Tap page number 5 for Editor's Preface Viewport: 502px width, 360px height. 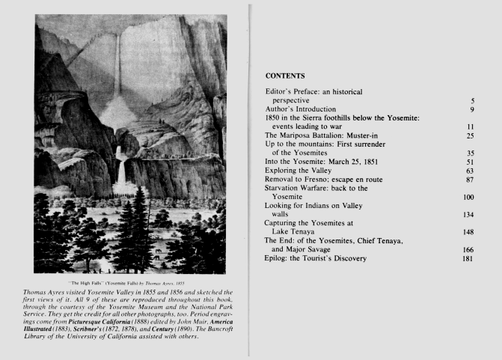(x=472, y=100)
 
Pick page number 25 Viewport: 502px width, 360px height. (x=471, y=135)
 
